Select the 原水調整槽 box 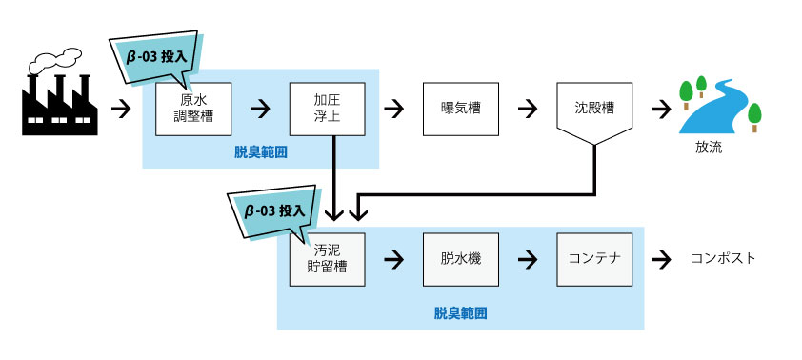[193, 108]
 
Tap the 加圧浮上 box [327, 108]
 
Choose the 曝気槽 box [460, 108]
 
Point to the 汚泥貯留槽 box [327, 259]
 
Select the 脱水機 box [460, 259]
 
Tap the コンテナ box [594, 259]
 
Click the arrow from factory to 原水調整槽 [121, 108]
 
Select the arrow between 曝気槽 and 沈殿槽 [527, 108]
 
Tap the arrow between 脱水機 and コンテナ [527, 259]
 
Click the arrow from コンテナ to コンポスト [660, 259]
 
